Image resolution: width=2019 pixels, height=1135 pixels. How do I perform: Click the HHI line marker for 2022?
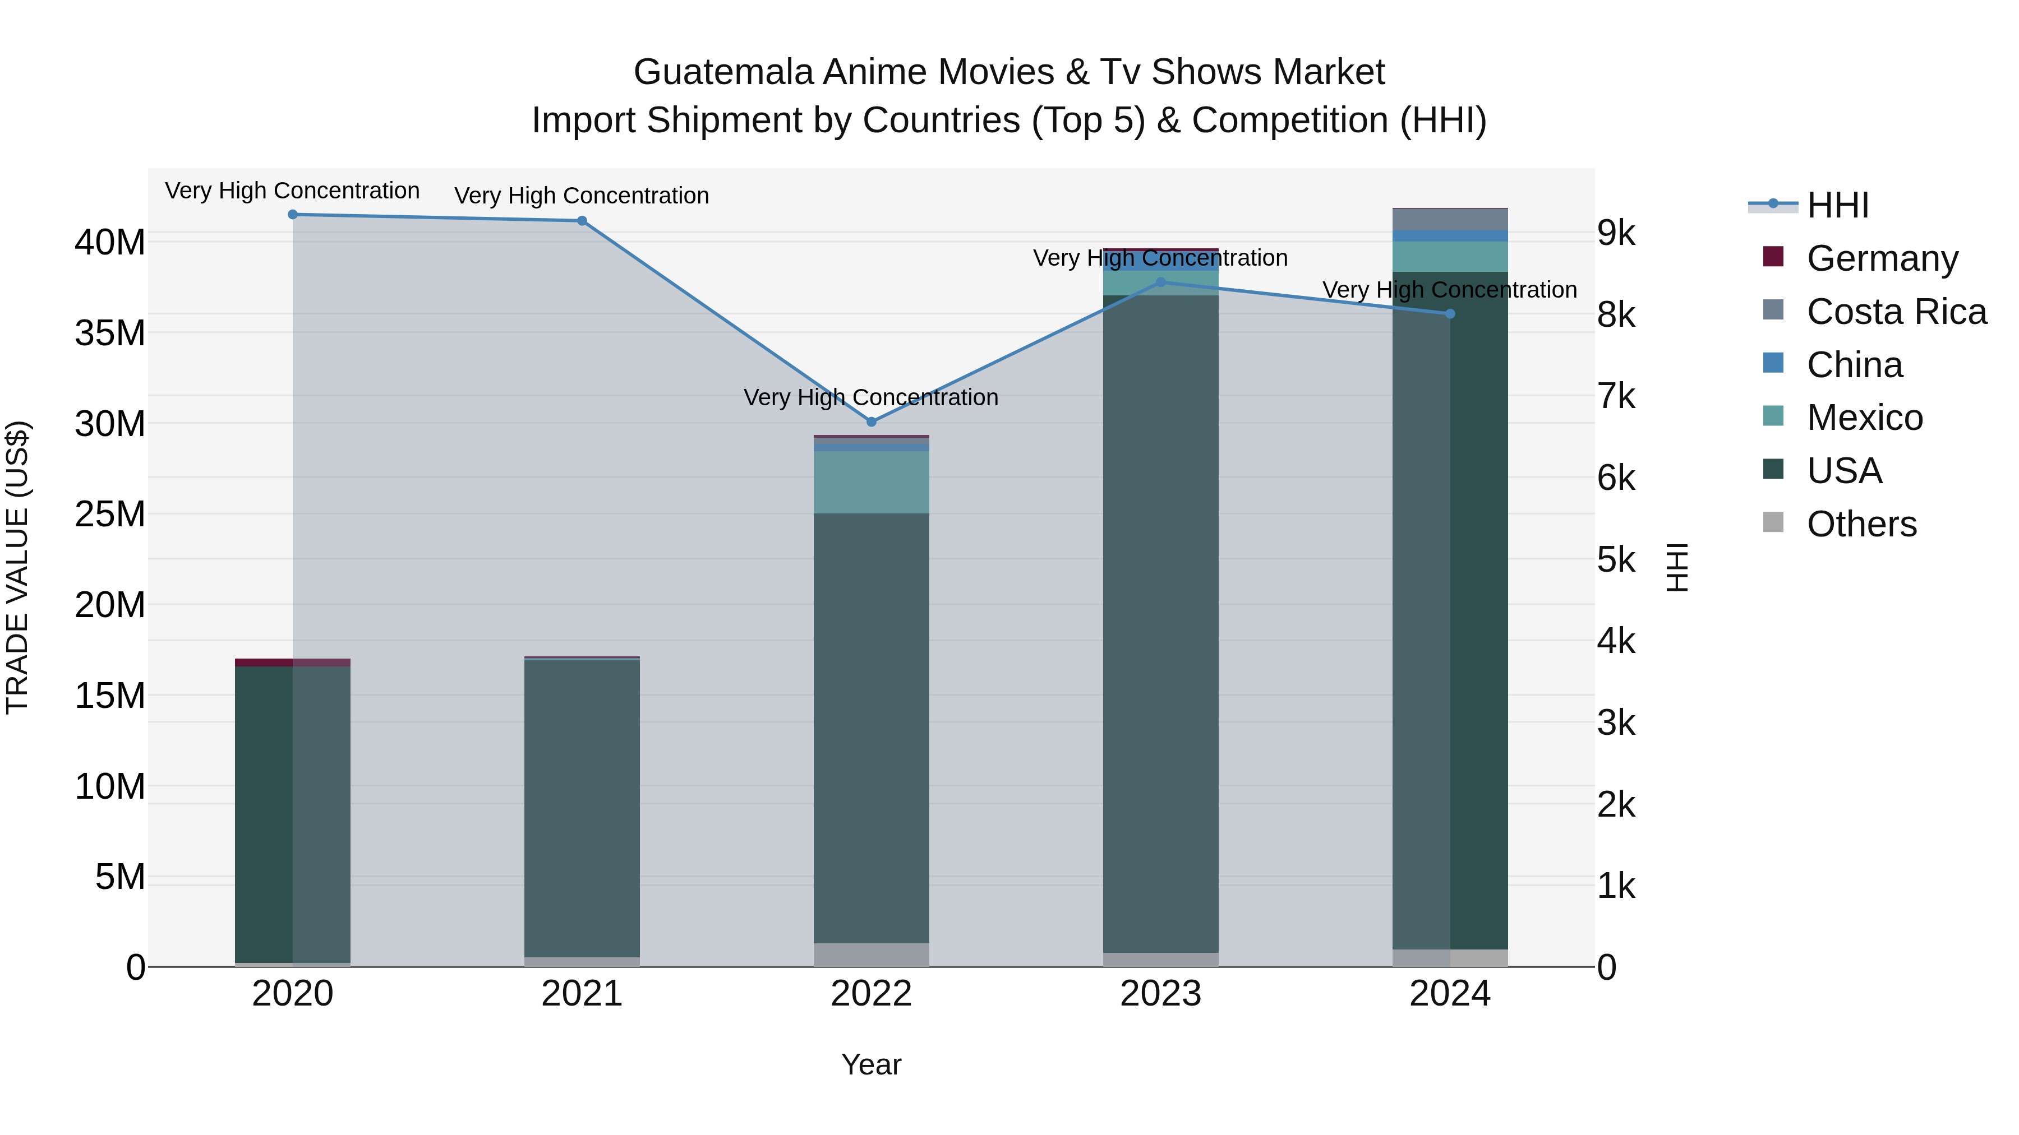pyautogui.click(x=871, y=421)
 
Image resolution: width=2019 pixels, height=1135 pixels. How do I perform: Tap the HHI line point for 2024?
pyautogui.click(x=1449, y=313)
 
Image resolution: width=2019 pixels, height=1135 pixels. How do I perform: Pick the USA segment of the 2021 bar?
pyautogui.click(x=582, y=807)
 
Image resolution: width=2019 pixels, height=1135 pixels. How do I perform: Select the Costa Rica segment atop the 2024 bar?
pyautogui.click(x=1449, y=219)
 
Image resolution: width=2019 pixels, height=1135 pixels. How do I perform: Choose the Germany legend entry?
pyautogui.click(x=1882, y=258)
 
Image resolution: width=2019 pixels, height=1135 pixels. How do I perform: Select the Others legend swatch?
pyautogui.click(x=1773, y=522)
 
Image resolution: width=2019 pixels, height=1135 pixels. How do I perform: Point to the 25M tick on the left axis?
pyautogui.click(x=110, y=515)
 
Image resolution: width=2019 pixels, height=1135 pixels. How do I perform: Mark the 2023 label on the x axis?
pyautogui.click(x=1160, y=994)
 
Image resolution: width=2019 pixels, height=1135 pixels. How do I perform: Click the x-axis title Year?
pyautogui.click(x=871, y=1064)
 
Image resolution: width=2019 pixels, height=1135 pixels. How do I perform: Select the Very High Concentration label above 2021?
pyautogui.click(x=582, y=195)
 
